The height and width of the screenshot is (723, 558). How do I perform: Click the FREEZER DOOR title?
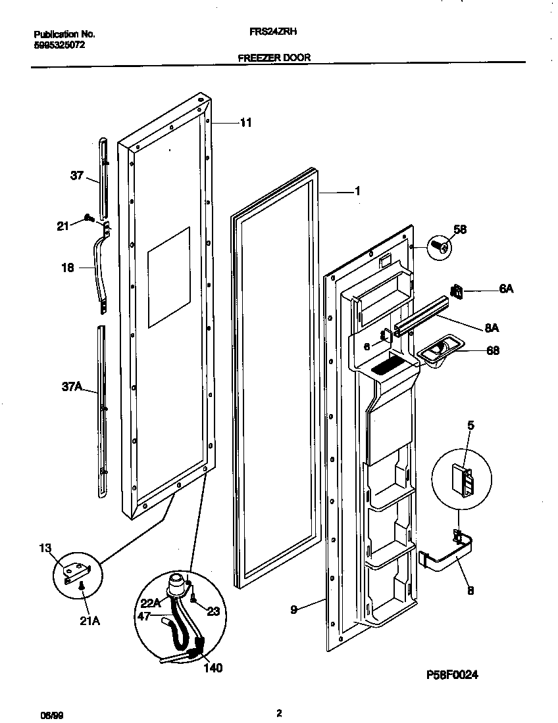[x=274, y=57]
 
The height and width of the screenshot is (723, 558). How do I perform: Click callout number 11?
[x=245, y=122]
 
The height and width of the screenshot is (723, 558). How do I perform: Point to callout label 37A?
[x=71, y=388]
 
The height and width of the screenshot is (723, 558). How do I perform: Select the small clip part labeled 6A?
[x=457, y=290]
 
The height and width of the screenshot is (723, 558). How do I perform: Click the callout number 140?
[x=212, y=668]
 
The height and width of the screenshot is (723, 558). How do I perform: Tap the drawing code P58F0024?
[x=450, y=674]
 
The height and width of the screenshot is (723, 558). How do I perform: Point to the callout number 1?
[x=357, y=191]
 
